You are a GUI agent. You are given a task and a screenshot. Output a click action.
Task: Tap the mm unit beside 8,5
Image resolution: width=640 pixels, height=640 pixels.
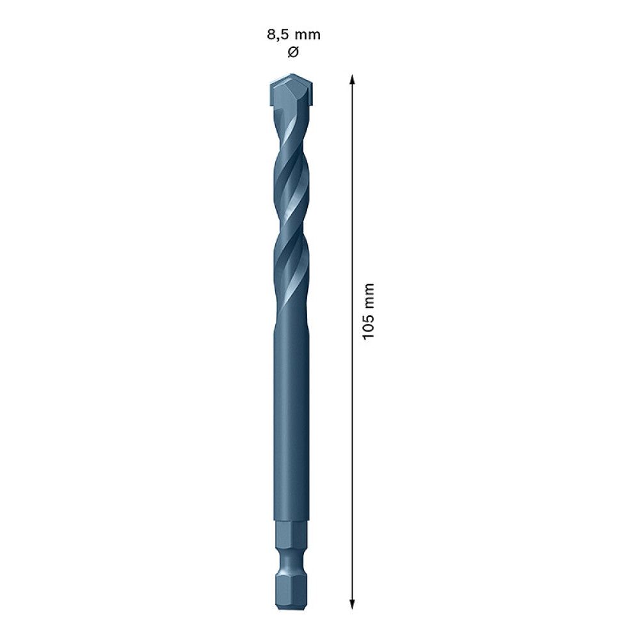(307, 35)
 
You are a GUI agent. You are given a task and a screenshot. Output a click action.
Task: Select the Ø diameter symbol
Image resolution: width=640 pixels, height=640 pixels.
(292, 52)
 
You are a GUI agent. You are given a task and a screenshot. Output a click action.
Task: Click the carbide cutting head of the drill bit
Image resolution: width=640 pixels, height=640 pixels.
(291, 92)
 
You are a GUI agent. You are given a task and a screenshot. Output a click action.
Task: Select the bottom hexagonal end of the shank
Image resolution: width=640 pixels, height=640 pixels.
(291, 586)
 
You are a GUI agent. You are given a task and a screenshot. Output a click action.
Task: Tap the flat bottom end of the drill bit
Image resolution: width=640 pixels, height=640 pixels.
(291, 606)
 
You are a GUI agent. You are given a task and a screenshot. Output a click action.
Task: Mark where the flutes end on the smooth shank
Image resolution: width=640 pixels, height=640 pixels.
(291, 314)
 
